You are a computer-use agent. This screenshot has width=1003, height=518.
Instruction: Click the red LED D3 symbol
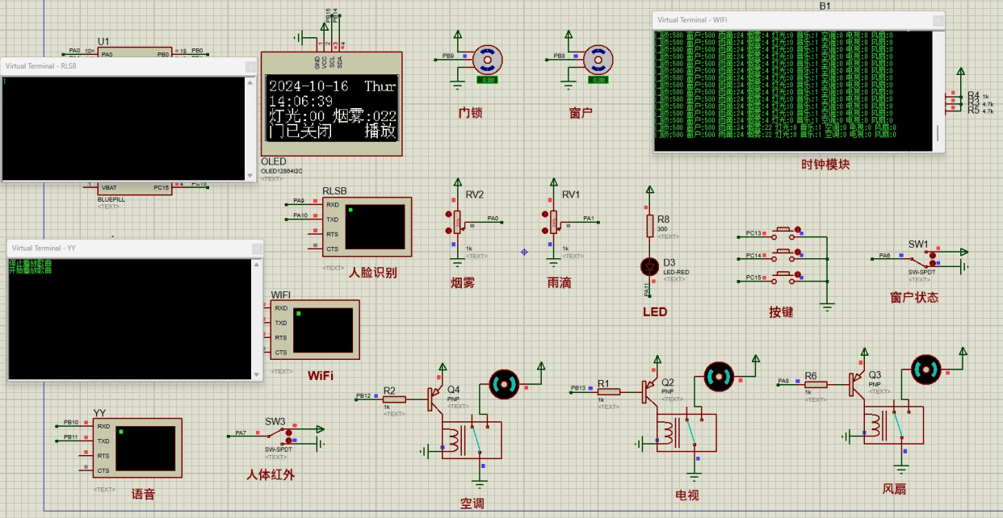point(648,265)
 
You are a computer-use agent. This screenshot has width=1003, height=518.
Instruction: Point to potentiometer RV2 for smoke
point(457,219)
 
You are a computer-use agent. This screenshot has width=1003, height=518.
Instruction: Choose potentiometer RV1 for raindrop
point(554,219)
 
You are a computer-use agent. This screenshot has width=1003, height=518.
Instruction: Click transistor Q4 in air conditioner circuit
point(437,395)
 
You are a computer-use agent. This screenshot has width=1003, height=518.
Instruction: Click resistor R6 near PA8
point(816,385)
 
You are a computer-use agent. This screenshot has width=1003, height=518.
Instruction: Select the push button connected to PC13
point(782,233)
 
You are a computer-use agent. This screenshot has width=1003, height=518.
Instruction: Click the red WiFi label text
point(321,376)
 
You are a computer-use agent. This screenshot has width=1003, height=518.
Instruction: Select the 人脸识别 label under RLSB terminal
point(373,273)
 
